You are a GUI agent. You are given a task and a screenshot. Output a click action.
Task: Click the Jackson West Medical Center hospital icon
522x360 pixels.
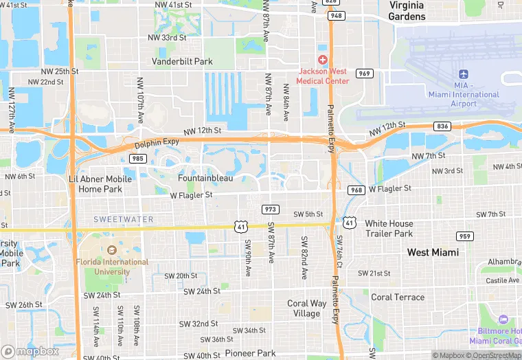[322, 60]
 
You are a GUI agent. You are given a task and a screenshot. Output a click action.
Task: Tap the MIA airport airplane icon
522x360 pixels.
[463, 74]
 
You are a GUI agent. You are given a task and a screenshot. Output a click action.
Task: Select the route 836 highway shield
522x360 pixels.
[442, 126]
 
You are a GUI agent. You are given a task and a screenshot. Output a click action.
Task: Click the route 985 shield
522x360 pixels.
[137, 159]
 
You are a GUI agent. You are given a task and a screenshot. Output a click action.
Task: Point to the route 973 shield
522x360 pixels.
[270, 208]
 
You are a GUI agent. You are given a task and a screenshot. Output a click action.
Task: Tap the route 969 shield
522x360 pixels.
[364, 74]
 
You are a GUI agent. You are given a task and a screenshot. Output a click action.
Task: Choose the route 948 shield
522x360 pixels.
[335, 14]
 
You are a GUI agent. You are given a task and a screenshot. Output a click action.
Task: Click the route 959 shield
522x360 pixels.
[464, 236]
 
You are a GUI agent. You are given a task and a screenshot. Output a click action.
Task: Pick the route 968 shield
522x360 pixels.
[356, 190]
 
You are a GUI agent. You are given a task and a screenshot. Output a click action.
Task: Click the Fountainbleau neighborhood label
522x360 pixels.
[205, 178]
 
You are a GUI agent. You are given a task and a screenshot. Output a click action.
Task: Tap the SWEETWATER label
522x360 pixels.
[124, 219]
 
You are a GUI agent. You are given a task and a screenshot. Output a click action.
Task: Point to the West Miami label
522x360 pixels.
[433, 253]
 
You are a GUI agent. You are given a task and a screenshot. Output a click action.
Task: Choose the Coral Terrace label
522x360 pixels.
[398, 297]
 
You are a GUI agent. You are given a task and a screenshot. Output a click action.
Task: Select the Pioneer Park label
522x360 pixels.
[250, 353]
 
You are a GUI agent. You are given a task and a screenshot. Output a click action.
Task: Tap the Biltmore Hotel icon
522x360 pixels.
[503, 319]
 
